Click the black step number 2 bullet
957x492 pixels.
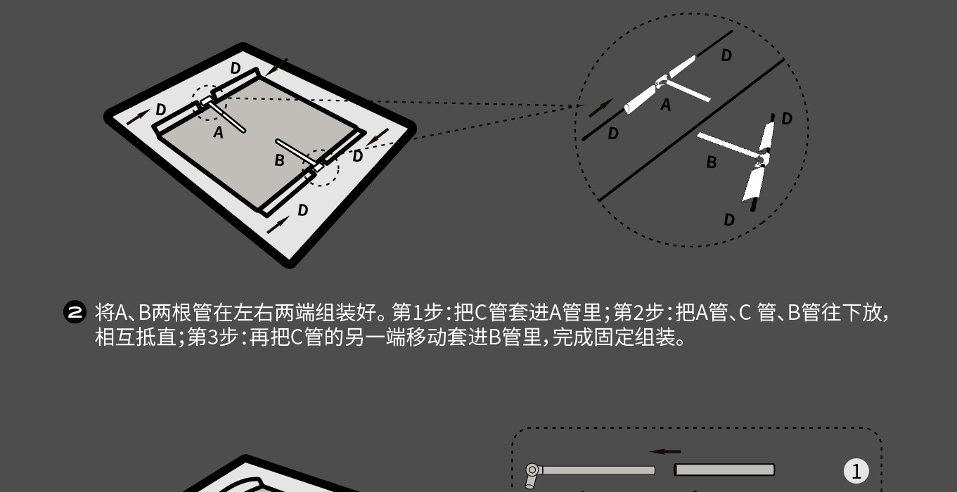(75, 312)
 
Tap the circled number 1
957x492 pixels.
(856, 471)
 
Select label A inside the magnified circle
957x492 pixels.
(666, 105)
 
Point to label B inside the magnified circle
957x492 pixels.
(712, 162)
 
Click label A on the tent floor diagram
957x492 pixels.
(218, 132)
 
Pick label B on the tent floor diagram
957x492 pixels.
(279, 160)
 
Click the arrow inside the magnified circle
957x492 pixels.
(600, 108)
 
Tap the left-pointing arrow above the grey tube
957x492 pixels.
(664, 452)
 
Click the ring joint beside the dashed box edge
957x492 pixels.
(532, 470)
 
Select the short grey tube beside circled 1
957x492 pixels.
(724, 470)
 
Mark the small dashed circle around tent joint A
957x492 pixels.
(208, 103)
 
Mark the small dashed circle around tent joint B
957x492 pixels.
(321, 167)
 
